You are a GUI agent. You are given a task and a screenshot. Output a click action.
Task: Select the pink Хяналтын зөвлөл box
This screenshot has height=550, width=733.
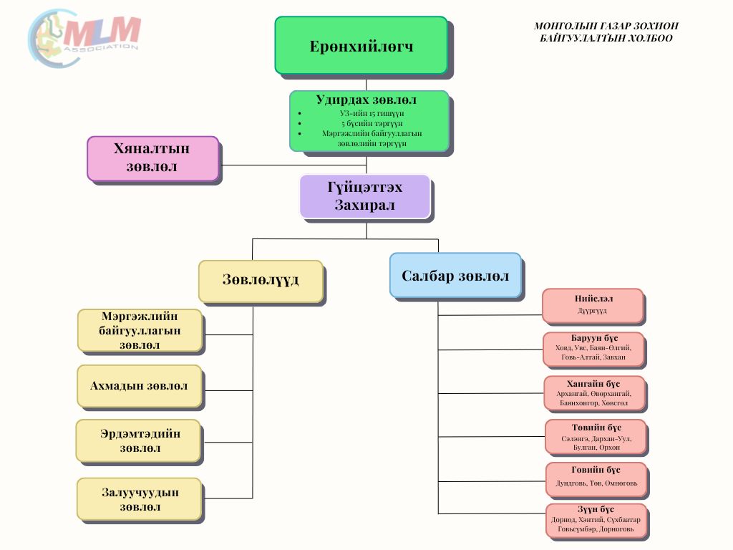click(152, 158)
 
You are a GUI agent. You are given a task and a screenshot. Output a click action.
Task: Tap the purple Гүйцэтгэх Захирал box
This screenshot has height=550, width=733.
click(364, 196)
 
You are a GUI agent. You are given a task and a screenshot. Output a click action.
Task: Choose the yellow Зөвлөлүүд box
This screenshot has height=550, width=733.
click(261, 280)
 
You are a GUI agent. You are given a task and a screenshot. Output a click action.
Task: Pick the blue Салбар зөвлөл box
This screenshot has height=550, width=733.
click(455, 275)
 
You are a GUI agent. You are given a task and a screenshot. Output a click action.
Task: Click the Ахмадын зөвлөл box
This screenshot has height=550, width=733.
click(140, 386)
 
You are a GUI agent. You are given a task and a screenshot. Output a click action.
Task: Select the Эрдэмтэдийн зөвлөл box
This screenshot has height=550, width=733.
click(139, 440)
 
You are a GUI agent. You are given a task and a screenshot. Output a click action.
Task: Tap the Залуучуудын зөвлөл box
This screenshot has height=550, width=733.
click(139, 499)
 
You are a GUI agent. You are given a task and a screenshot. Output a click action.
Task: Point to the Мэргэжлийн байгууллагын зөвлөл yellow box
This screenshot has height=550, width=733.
click(140, 330)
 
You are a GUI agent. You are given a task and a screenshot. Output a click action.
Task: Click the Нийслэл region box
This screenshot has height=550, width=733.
click(593, 305)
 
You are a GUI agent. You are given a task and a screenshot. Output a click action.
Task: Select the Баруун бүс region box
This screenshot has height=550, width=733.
click(593, 349)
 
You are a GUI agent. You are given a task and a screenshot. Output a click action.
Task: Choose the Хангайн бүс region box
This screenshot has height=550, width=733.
click(594, 393)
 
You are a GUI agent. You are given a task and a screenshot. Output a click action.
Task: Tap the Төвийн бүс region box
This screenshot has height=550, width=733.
click(596, 437)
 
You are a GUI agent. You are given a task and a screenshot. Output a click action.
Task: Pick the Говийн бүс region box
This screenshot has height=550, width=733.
click(596, 480)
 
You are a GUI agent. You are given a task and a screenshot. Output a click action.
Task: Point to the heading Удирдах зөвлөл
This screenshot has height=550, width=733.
click(366, 100)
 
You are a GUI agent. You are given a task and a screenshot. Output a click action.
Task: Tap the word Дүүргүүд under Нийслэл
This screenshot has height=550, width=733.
click(593, 312)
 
